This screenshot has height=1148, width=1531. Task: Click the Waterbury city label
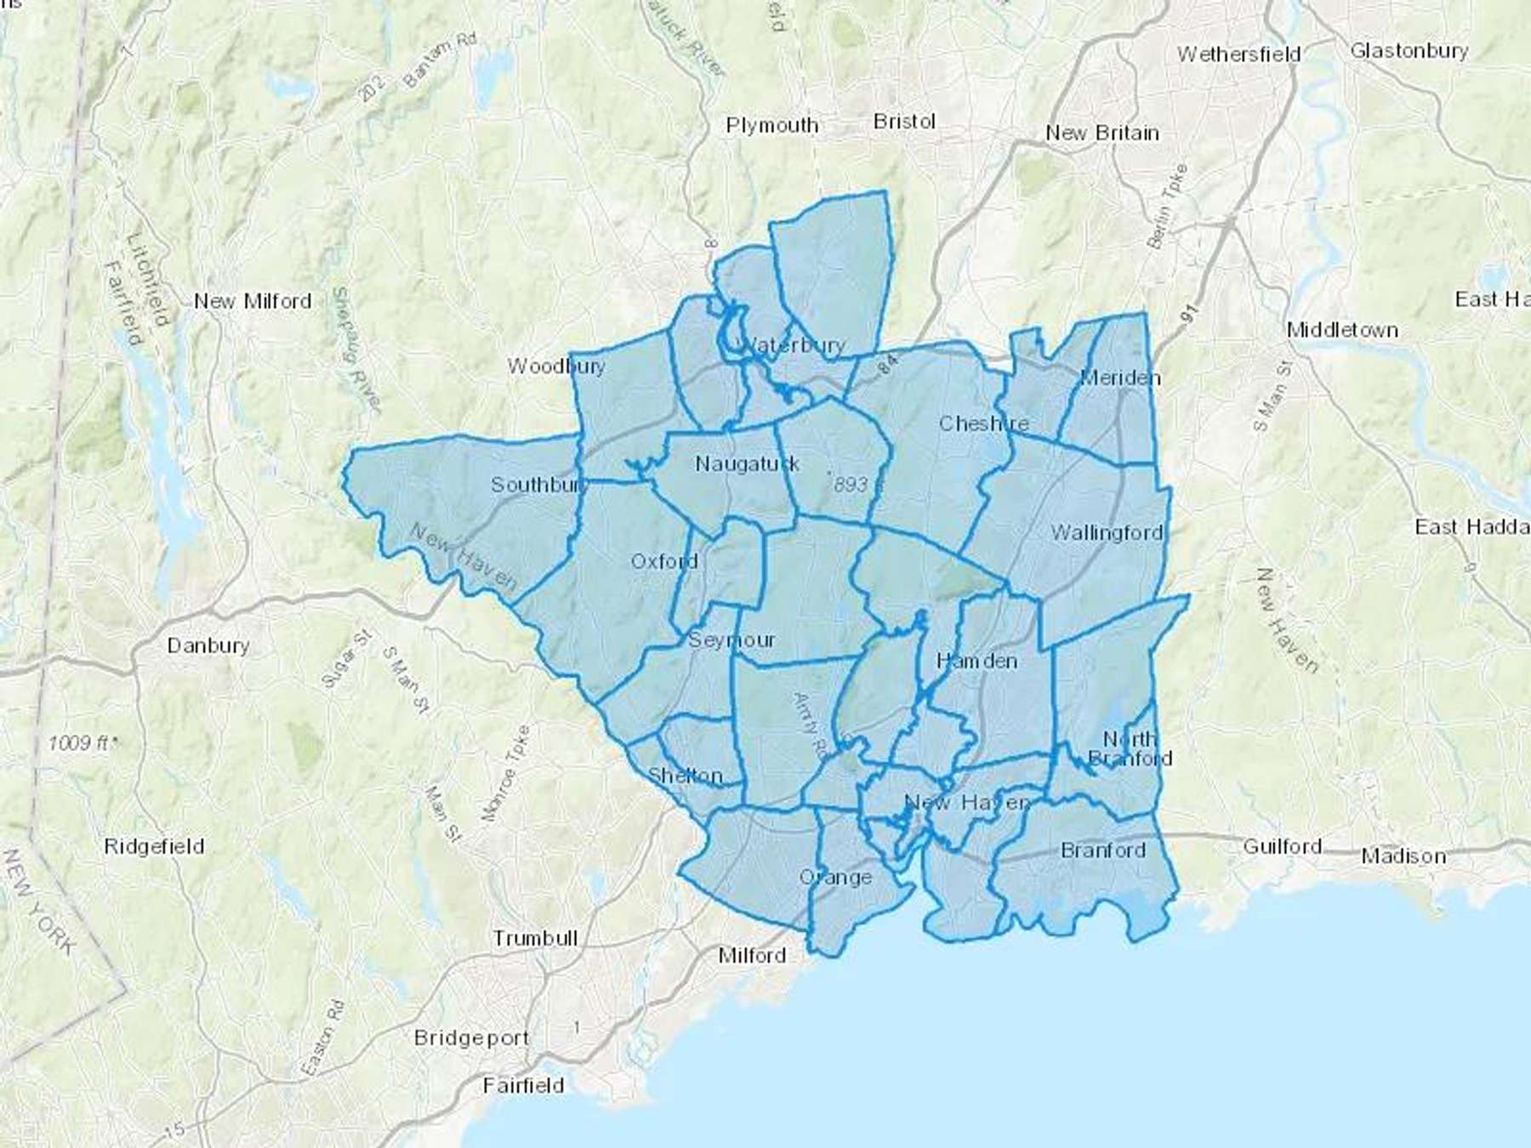793,345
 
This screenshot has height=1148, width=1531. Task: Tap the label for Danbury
208,645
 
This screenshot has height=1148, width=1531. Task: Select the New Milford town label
253,301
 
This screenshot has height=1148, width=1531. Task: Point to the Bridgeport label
471,1038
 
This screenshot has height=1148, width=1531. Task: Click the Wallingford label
1107,533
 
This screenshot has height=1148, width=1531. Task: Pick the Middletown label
1342,330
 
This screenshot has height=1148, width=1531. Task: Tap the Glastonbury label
1409,51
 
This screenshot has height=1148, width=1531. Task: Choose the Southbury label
538,485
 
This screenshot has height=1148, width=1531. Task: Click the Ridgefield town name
154,847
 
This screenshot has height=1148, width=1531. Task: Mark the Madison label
1403,856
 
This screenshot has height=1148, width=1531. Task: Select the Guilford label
1283,847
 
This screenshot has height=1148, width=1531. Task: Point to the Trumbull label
536,939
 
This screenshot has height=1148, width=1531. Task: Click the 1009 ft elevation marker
82,743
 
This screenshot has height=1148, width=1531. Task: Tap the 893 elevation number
851,485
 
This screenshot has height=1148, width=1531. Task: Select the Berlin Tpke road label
1168,206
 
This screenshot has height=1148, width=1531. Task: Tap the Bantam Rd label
441,61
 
